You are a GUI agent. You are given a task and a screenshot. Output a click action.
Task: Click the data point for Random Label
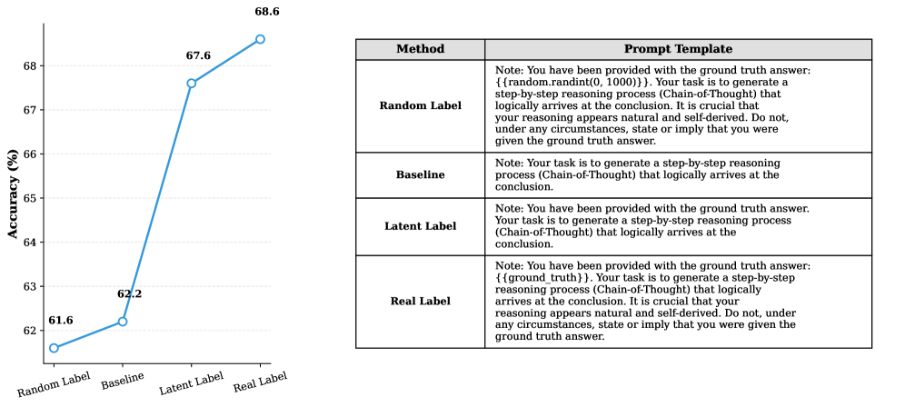(x=55, y=348)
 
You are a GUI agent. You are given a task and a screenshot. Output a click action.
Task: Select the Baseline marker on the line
(x=123, y=322)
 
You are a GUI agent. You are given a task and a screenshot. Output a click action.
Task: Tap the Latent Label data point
(x=191, y=84)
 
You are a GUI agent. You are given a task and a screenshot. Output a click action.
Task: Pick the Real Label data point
(x=260, y=39)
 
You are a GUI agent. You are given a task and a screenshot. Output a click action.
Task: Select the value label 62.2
(x=130, y=294)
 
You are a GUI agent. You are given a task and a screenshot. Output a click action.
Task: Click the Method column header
(x=420, y=49)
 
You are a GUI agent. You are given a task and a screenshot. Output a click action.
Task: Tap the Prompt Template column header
(x=678, y=49)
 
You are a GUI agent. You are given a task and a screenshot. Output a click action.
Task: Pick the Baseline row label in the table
(x=420, y=174)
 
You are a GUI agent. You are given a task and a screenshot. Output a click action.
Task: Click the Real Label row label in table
(x=420, y=301)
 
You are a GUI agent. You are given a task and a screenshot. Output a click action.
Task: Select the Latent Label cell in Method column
(x=420, y=225)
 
